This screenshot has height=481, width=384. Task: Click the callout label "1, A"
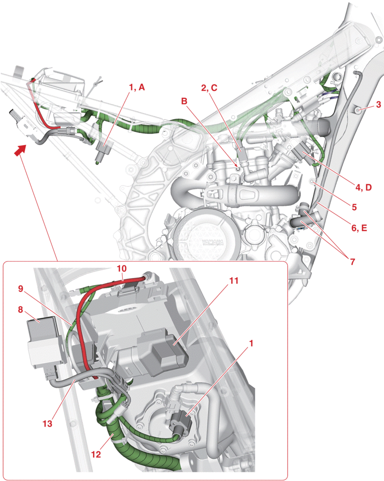(136, 87)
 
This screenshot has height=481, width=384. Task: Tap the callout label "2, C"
(209, 88)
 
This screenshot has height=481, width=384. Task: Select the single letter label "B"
(184, 101)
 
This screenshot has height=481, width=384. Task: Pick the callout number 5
(354, 204)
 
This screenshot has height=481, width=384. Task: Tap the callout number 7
(352, 262)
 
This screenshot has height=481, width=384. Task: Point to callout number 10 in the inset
(122, 268)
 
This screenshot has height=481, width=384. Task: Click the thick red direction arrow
(19, 149)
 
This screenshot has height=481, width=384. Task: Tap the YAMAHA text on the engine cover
(212, 242)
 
